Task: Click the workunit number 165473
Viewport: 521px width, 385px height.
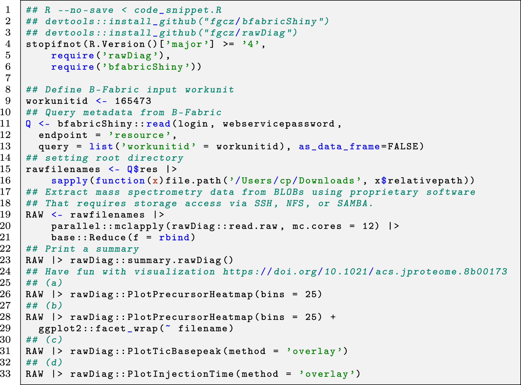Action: click(x=133, y=101)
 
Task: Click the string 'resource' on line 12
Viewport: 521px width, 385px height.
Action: click(x=140, y=135)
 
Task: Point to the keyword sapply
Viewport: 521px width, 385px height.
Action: click(x=69, y=181)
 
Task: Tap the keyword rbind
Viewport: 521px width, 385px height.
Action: click(x=174, y=237)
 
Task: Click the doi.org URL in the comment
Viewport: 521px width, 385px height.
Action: click(x=365, y=271)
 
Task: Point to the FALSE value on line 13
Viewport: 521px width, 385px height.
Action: click(x=403, y=147)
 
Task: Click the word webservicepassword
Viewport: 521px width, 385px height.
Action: click(x=279, y=124)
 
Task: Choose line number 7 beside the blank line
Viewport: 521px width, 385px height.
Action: click(x=8, y=78)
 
